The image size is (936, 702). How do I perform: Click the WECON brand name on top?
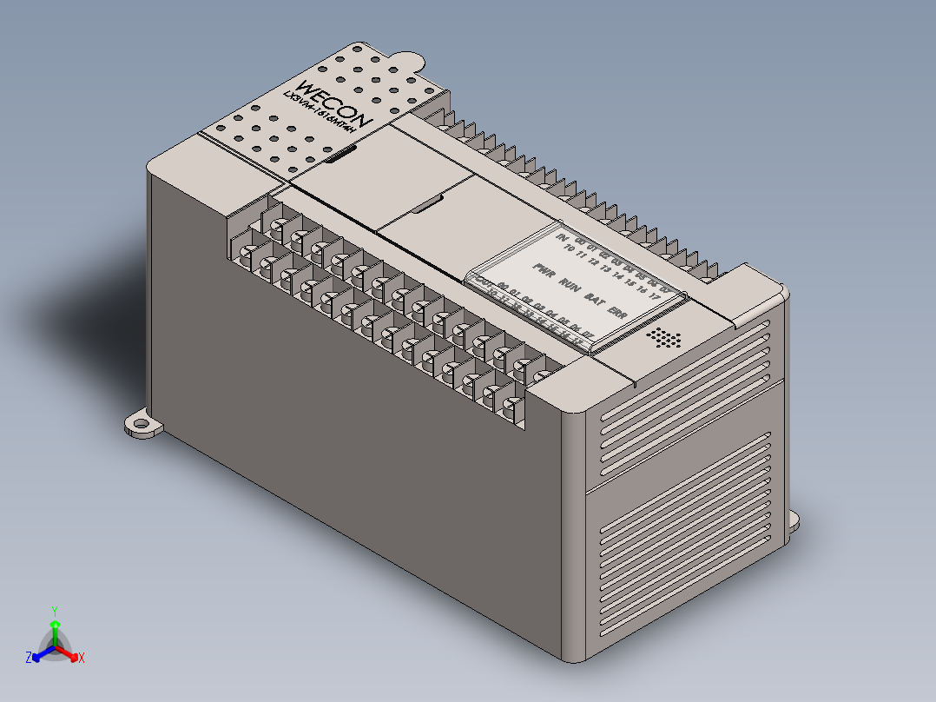click(334, 103)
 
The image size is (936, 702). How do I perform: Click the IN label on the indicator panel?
click(561, 237)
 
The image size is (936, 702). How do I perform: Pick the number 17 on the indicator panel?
click(655, 296)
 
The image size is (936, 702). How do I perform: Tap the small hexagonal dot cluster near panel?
click(665, 337)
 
